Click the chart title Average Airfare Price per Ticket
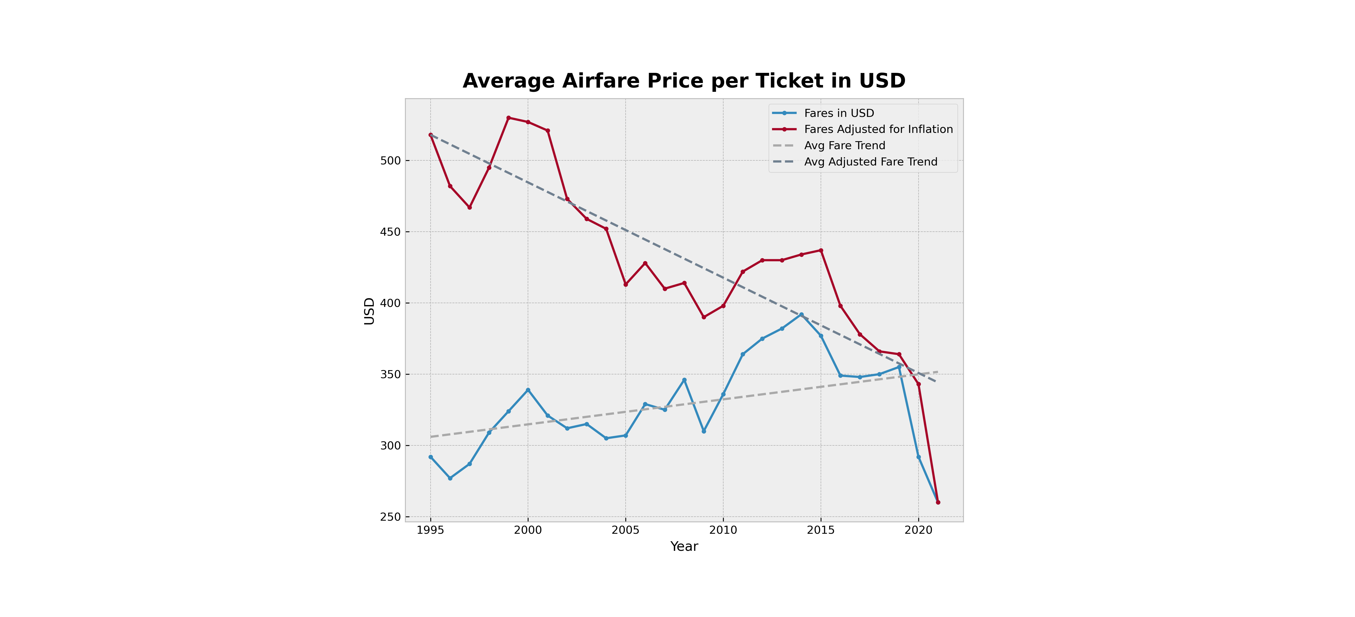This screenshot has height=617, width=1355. (x=684, y=81)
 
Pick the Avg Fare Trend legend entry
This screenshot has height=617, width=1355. (x=844, y=146)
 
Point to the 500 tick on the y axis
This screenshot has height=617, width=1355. (x=390, y=160)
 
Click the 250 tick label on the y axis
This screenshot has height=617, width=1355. (x=390, y=517)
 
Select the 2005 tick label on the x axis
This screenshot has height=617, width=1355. (x=625, y=530)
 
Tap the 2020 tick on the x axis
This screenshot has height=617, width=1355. (x=919, y=530)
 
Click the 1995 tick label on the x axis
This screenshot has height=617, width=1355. (x=430, y=530)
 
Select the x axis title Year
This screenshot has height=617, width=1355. (x=684, y=547)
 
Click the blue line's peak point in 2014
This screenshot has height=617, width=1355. (x=801, y=315)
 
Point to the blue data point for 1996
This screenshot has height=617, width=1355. (x=450, y=478)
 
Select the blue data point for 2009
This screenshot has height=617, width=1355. (x=704, y=431)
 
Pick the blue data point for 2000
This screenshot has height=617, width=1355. (x=528, y=390)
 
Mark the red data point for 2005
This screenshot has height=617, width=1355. (x=625, y=284)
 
